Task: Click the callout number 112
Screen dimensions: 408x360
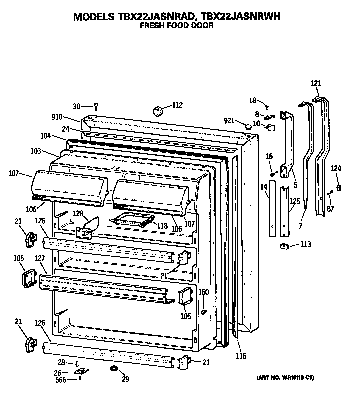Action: coord(177,105)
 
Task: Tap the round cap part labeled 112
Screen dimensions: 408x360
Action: coord(160,110)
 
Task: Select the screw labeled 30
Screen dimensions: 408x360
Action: coord(96,106)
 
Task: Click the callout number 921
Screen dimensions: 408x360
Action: coord(229,121)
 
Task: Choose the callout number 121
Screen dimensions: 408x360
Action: coord(316,83)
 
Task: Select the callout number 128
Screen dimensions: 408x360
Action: coord(78,213)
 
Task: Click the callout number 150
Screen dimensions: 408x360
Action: coord(204,292)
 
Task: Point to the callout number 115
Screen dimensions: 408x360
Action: coord(241,356)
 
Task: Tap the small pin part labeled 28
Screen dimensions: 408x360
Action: coord(78,363)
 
